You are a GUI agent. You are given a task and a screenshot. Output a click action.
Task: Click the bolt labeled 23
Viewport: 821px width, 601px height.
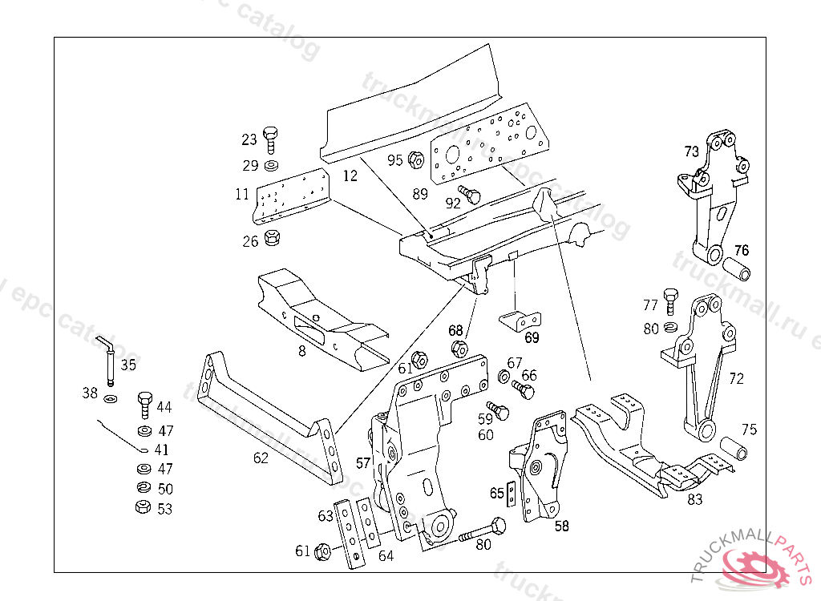point(270,139)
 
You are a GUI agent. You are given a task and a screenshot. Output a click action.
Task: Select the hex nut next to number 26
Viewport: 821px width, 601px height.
point(272,239)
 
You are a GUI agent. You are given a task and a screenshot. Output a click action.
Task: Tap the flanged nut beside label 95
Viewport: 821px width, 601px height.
point(416,159)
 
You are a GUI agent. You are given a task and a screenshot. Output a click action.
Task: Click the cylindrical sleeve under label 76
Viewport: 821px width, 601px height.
point(738,270)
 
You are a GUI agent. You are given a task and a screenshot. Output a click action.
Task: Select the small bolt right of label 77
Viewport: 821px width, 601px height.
point(672,302)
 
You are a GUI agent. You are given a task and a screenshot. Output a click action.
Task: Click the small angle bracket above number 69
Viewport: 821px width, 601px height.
point(520,320)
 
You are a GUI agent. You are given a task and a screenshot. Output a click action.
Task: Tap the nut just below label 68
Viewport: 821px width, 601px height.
point(459,348)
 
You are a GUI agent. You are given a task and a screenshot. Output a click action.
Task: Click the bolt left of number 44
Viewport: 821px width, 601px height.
point(144,404)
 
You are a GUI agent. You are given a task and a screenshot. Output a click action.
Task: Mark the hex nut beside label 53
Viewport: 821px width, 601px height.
point(143,507)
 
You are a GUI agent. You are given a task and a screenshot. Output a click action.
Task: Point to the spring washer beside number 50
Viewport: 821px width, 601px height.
point(144,488)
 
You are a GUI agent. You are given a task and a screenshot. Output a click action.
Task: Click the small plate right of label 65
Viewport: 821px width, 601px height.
point(512,494)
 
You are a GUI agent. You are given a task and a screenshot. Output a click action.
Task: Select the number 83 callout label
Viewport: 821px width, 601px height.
point(694,500)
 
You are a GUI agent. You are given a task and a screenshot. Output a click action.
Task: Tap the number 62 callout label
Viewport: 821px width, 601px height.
point(261,458)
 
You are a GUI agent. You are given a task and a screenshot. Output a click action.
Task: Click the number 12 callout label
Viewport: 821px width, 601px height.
point(350,175)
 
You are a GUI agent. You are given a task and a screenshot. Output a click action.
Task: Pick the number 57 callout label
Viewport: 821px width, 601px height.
point(363,462)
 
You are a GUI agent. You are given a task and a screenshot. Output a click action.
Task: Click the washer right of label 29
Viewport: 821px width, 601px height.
point(271,166)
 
